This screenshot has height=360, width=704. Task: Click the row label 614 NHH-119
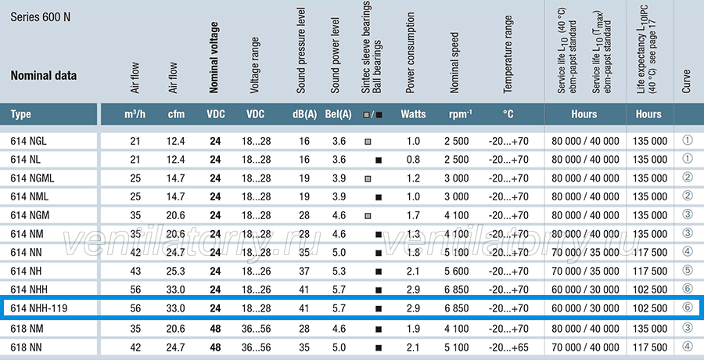point(38,309)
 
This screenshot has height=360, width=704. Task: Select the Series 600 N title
point(41,17)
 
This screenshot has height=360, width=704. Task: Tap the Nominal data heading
point(44,75)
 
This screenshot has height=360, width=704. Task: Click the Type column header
point(21,114)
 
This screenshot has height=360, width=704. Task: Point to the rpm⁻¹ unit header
point(460,114)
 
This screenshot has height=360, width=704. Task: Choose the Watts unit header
point(413,114)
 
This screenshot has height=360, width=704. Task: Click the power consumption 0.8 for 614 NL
point(413,160)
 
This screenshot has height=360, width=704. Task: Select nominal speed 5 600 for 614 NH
point(457,271)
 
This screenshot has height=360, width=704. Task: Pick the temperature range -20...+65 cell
point(508,347)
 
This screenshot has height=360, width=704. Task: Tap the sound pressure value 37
point(304,271)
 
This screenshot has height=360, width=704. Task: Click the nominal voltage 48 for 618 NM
point(216,329)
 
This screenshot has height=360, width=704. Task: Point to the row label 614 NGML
point(32,178)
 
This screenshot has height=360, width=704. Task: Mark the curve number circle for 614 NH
point(688,270)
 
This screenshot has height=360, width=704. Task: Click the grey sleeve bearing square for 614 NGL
point(368,142)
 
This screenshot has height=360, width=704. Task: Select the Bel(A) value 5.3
point(339,271)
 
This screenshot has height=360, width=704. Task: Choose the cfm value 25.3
point(175,271)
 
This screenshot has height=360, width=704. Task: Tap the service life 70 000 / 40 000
point(585,347)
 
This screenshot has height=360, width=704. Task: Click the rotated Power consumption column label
point(410,53)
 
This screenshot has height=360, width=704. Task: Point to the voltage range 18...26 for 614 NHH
point(257,290)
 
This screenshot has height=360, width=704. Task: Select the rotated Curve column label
point(686,81)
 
